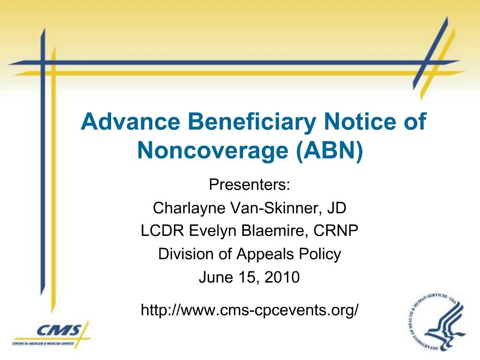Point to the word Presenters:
pyautogui.click(x=250, y=185)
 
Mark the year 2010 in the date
pyautogui.click(x=281, y=277)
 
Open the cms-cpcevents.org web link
pyautogui.click(x=250, y=310)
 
